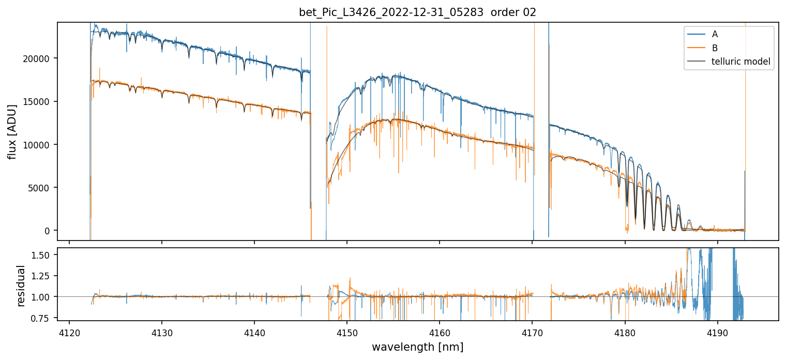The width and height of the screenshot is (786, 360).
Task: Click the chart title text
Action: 417,12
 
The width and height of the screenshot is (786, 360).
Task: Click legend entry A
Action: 715,35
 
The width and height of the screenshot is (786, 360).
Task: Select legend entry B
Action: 715,48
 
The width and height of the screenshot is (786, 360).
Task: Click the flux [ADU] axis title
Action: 12,131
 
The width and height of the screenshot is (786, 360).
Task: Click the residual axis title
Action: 21,286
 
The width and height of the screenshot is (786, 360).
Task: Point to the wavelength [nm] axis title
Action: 417,347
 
